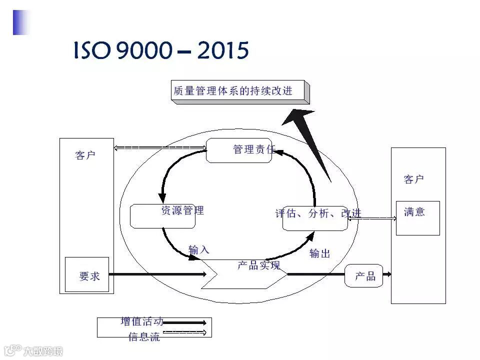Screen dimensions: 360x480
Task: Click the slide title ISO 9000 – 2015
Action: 161,50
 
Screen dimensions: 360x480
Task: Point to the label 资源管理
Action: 182,210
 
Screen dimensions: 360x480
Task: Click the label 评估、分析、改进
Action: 318,213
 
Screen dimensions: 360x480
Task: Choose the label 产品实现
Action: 258,265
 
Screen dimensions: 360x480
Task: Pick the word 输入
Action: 198,249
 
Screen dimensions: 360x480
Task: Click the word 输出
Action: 320,253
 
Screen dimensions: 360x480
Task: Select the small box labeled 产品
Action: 364,276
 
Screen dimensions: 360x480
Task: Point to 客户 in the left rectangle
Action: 85,155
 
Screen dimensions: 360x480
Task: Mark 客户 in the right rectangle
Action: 414,179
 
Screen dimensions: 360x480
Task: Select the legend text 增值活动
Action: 141,321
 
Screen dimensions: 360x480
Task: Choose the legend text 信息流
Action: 144,336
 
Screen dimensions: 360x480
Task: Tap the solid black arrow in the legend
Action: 184,323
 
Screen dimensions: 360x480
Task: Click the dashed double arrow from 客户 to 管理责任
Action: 160,147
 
